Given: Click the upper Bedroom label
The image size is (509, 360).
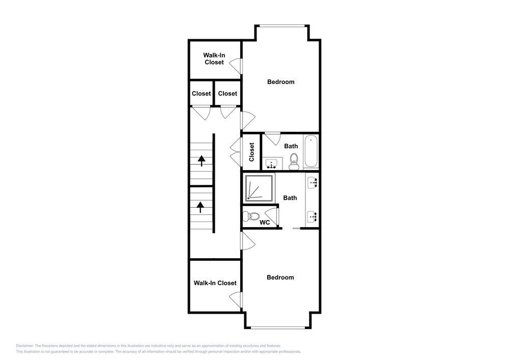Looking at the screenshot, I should [280, 82].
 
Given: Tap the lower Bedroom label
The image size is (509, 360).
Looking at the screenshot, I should [280, 278].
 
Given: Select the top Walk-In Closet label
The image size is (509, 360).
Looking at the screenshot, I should [214, 59].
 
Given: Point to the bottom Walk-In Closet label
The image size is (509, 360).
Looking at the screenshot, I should [215, 283].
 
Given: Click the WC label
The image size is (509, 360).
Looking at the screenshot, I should [265, 223].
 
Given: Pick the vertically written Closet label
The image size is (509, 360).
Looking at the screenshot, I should [251, 152].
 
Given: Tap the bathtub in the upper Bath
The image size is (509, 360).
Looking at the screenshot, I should [311, 152].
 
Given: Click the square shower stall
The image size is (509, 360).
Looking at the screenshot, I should [260, 187].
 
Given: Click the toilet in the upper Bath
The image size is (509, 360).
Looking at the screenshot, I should [293, 163].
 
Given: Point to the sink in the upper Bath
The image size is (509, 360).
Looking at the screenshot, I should [271, 163].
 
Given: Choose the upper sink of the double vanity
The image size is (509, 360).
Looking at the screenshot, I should [313, 182].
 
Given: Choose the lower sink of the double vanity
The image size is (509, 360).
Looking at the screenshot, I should [313, 216].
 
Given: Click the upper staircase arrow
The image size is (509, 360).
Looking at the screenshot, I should [201, 161].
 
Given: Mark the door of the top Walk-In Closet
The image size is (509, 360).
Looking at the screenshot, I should [236, 65].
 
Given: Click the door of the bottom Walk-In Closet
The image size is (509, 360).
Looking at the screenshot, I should [236, 298].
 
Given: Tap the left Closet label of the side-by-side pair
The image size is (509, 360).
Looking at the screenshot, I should [202, 94].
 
